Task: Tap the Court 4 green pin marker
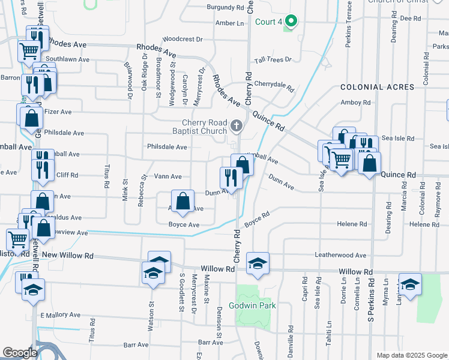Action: (x=291, y=22)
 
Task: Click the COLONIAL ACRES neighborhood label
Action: (x=377, y=87)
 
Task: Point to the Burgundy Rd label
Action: (x=225, y=8)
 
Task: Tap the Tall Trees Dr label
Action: (x=273, y=60)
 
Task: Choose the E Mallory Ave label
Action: (x=60, y=314)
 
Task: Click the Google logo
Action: (x=20, y=353)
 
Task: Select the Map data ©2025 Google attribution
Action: (x=411, y=355)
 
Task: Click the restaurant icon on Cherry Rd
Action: (x=230, y=177)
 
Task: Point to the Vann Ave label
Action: (x=168, y=176)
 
